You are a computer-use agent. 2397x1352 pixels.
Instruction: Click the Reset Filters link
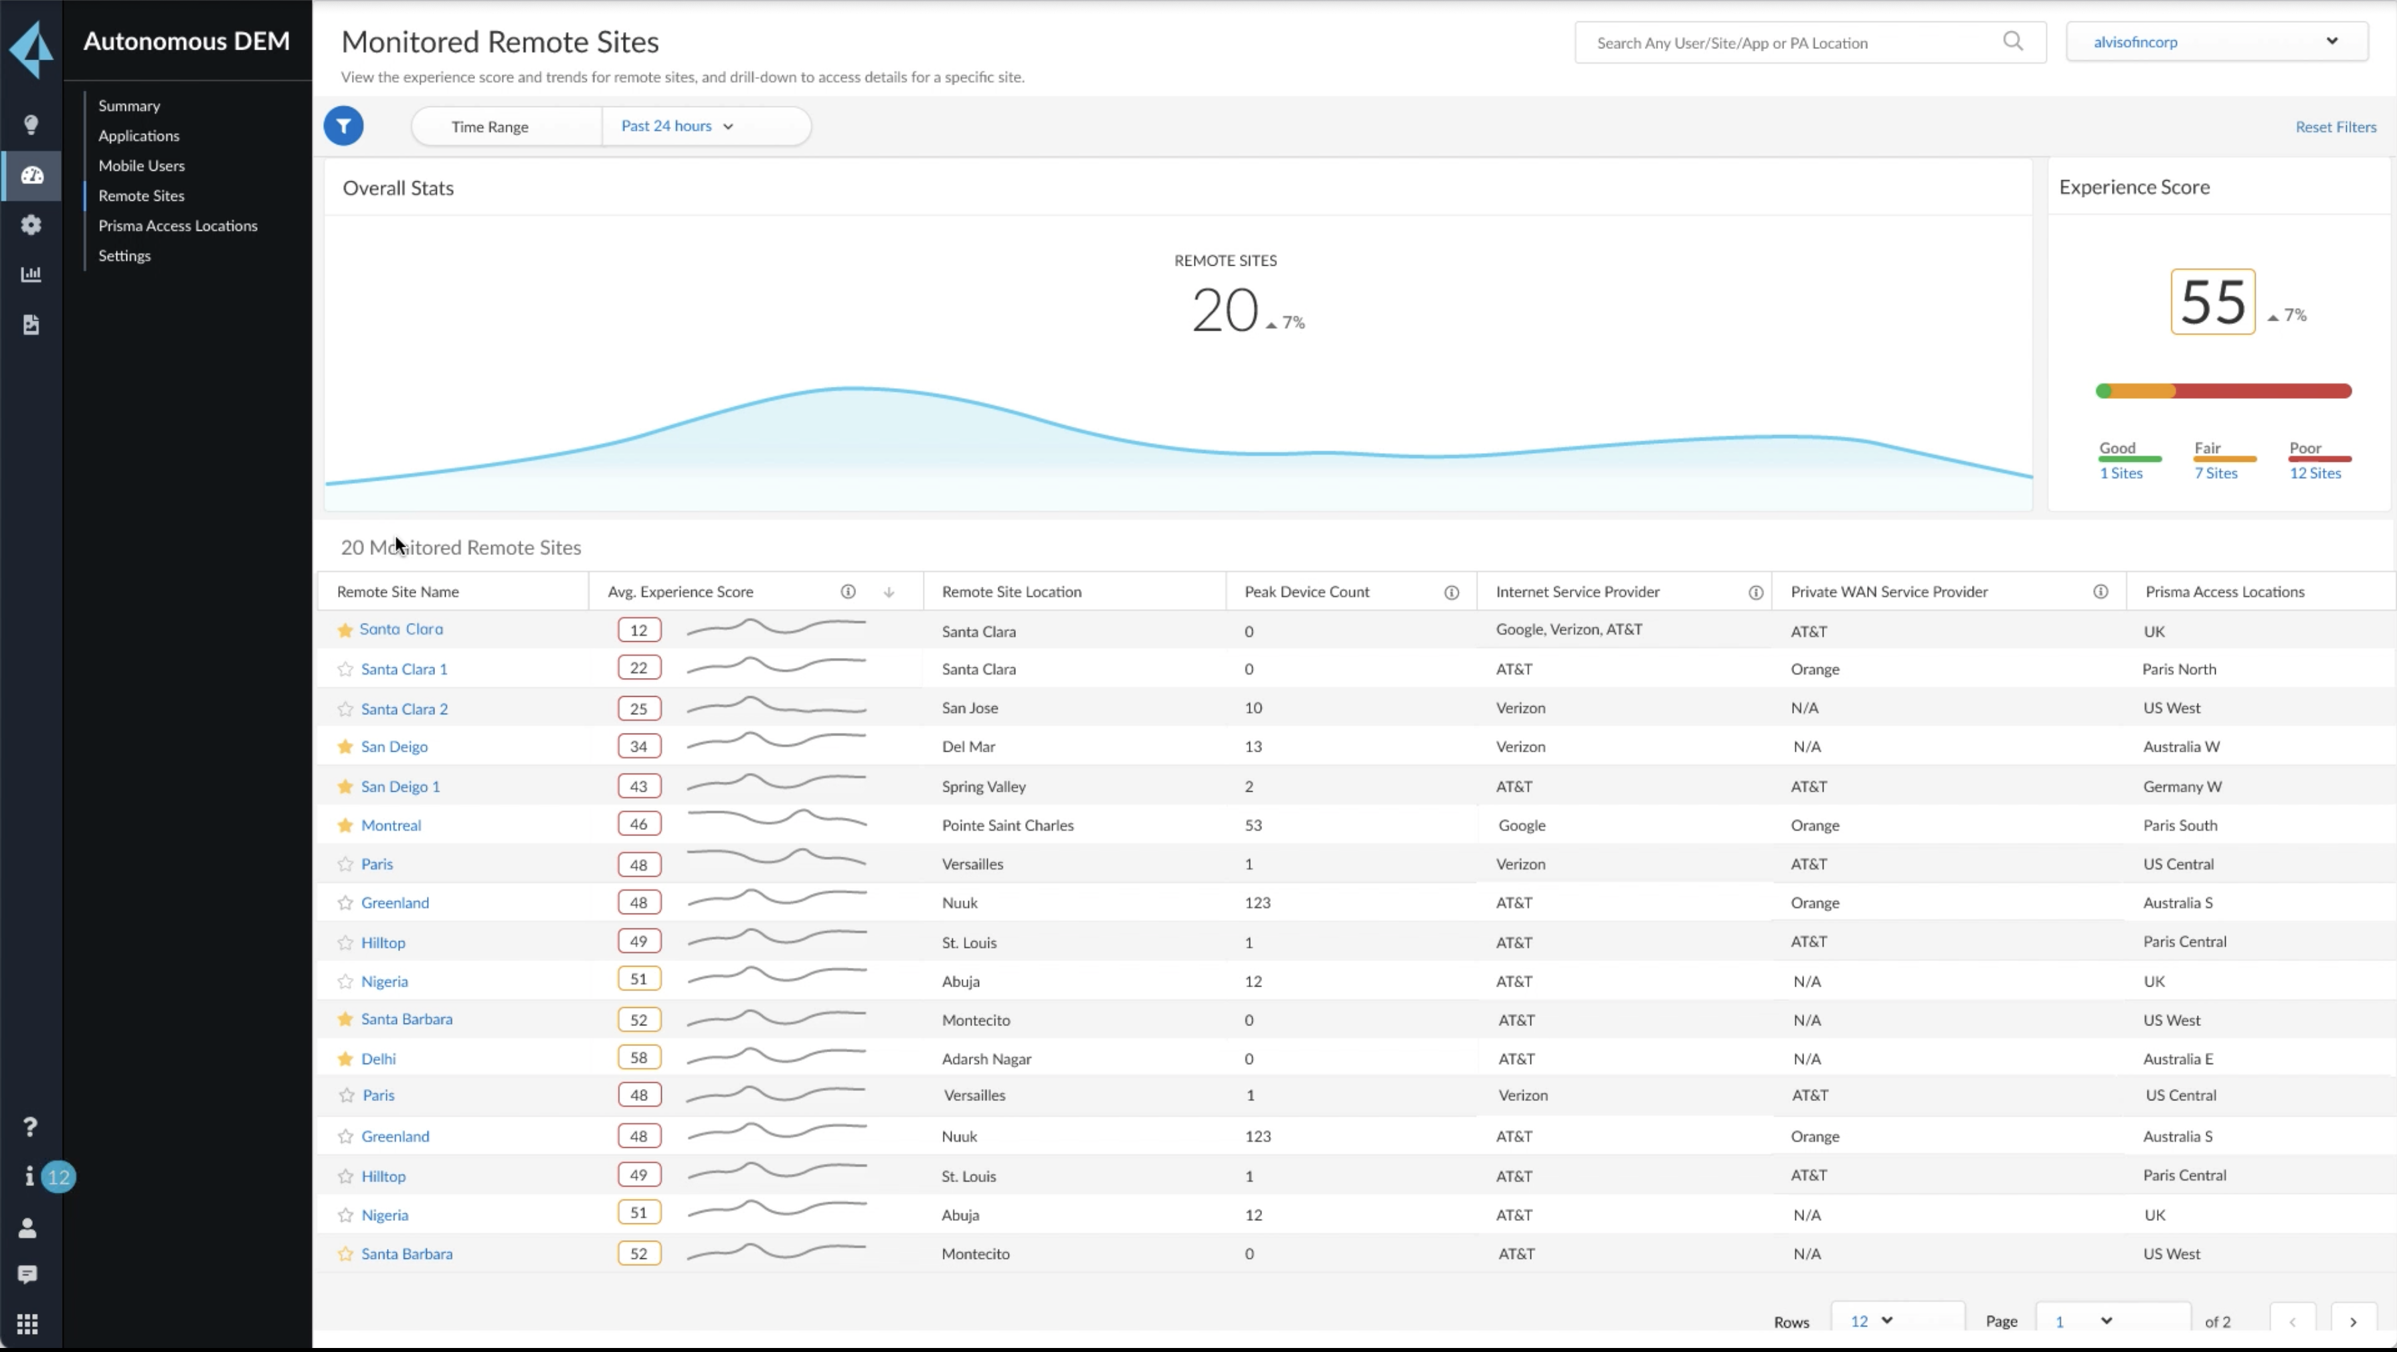pyautogui.click(x=2335, y=126)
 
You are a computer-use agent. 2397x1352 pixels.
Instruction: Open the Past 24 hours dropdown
pyautogui.click(x=677, y=126)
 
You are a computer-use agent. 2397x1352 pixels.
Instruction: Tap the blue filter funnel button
pyautogui.click(x=343, y=126)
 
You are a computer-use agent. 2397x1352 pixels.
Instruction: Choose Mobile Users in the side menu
pyautogui.click(x=141, y=165)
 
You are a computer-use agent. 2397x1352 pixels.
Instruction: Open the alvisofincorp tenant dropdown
pyautogui.click(x=2216, y=42)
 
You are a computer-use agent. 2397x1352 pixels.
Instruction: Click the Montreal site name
pyautogui.click(x=391, y=825)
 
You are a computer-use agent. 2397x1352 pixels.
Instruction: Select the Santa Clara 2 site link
pyautogui.click(x=404, y=709)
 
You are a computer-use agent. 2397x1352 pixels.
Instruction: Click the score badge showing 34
pyautogui.click(x=638, y=746)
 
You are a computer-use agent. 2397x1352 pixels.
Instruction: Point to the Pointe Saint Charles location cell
pyautogui.click(x=1007, y=825)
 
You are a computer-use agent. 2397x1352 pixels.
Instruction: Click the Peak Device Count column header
pyautogui.click(x=1306, y=592)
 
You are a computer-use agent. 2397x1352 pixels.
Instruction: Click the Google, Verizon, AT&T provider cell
pyautogui.click(x=1568, y=630)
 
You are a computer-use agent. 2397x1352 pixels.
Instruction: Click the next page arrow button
pyautogui.click(x=2352, y=1321)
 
